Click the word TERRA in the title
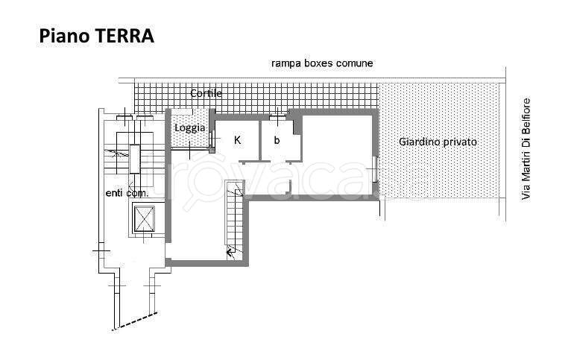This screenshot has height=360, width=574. (124, 37)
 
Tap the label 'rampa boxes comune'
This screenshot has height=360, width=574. (322, 63)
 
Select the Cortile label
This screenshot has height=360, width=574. (206, 93)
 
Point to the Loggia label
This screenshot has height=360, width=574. (189, 128)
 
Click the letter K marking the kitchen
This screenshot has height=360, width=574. (237, 140)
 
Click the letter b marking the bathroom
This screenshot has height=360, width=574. (277, 140)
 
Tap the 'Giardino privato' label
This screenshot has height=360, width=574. (438, 142)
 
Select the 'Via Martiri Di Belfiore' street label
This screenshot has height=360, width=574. (526, 149)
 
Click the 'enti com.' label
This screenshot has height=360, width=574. (127, 193)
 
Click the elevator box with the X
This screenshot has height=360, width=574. (144, 219)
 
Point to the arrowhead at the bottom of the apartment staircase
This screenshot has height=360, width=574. (229, 252)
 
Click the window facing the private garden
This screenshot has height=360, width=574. (375, 168)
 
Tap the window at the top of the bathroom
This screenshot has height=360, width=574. (277, 118)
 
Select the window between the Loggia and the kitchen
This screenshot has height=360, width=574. (212, 139)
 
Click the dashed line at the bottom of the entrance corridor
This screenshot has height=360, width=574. (135, 321)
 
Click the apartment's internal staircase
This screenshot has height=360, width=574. (234, 221)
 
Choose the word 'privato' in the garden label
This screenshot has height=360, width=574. (460, 142)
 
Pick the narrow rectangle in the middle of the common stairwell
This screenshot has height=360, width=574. (135, 159)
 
